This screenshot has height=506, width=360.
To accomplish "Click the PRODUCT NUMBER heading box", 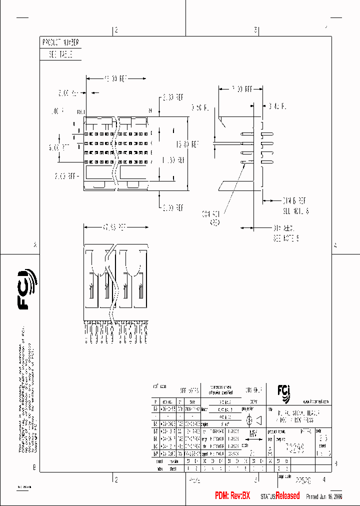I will [x=60, y=43].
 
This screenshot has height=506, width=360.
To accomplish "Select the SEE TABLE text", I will [x=60, y=55].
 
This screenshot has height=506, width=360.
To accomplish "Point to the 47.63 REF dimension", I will [x=114, y=227].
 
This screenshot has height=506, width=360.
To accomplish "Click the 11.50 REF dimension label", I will [x=172, y=160].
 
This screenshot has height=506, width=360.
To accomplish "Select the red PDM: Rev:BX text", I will [x=232, y=495].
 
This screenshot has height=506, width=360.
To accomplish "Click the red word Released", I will [x=287, y=495].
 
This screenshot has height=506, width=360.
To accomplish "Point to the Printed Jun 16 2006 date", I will [x=323, y=496].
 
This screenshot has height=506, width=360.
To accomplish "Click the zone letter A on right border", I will [x=335, y=245].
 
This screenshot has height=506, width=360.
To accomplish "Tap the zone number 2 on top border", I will [x=116, y=30].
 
